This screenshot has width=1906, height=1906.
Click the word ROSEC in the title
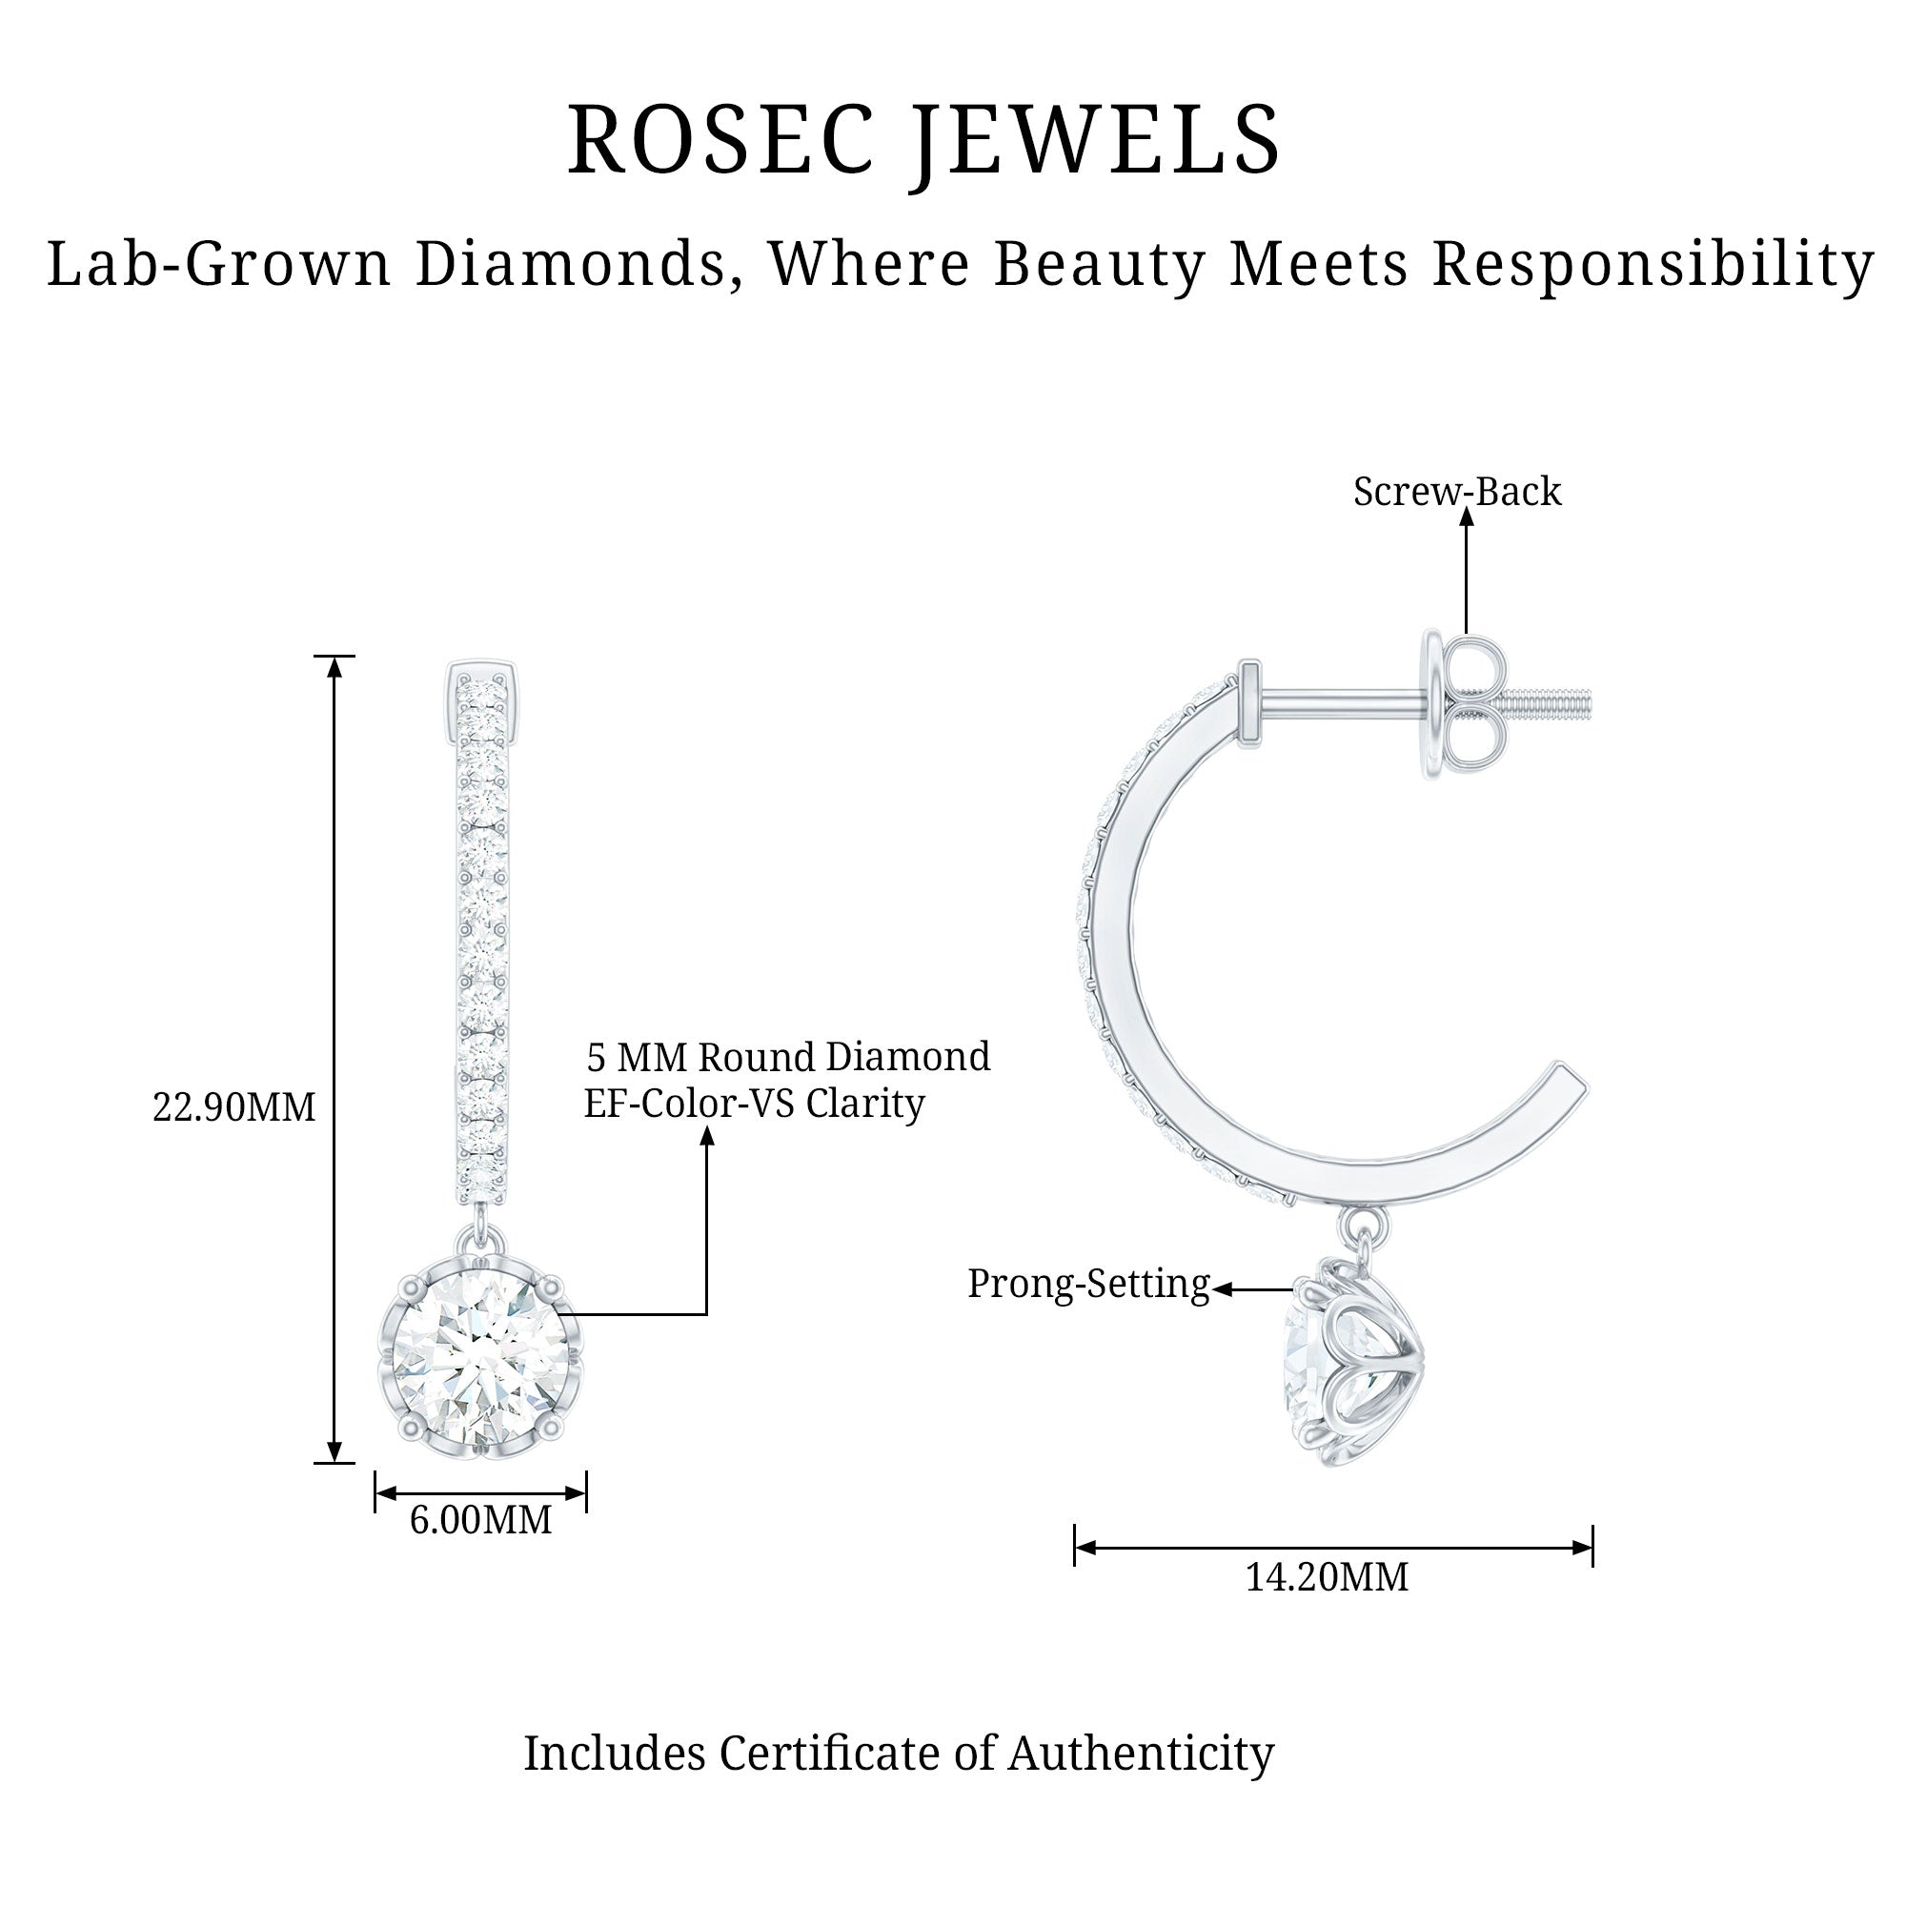coord(721,140)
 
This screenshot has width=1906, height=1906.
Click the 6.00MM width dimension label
coord(480,1520)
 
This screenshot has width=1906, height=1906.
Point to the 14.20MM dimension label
coord(1327,1577)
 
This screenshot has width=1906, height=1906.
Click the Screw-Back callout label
coord(1457,493)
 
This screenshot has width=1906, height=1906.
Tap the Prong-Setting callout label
coord(1088,1285)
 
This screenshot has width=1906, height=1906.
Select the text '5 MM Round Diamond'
coord(788,1058)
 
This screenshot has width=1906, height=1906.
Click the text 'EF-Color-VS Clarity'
coord(755,1104)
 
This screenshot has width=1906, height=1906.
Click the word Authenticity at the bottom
coord(1142,1754)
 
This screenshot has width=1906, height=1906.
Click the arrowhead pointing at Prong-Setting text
coord(1223,1289)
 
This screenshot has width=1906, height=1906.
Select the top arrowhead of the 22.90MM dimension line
coord(335,667)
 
